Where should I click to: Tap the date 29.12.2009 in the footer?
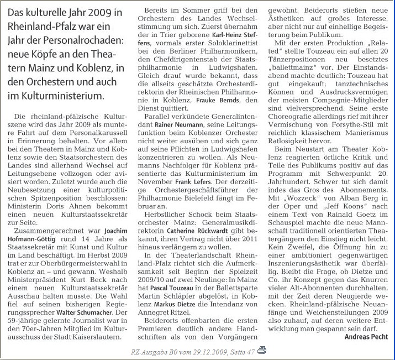pyautogui.click(x=201, y=351)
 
